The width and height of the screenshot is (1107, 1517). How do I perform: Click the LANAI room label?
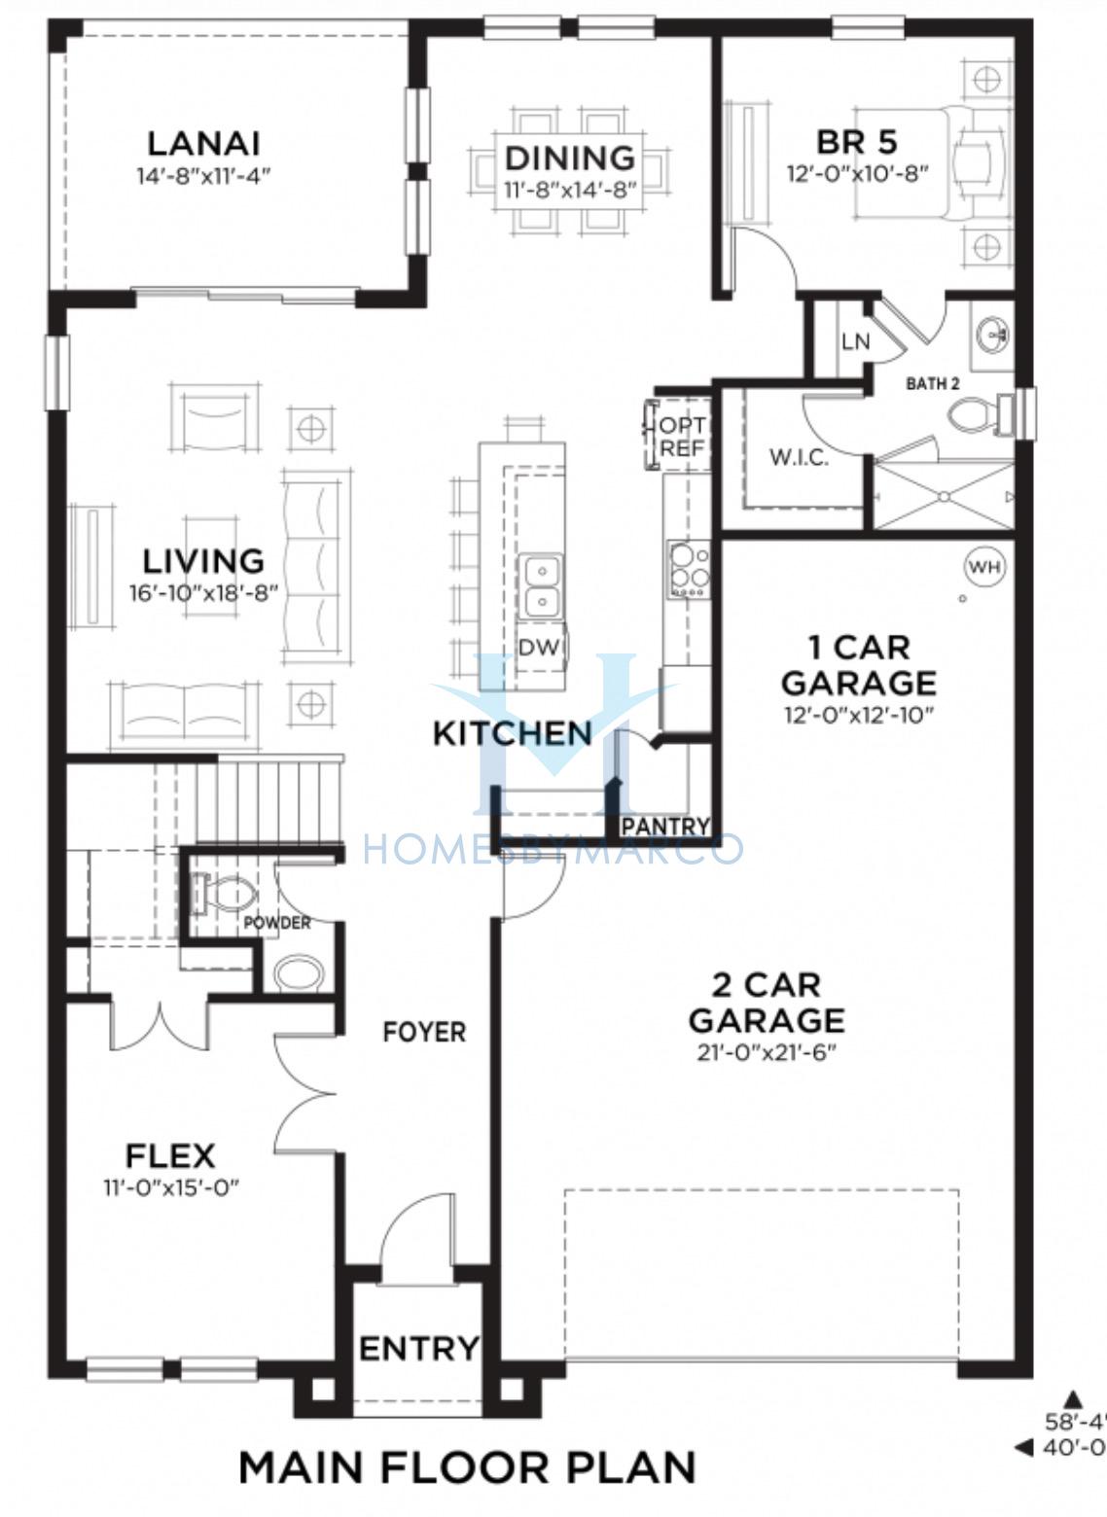[x=204, y=144]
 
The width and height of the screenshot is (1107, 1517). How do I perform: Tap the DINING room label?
[x=570, y=158]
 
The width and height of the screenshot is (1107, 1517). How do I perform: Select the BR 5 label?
[x=856, y=142]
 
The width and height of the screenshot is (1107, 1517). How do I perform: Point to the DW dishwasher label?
[x=539, y=648]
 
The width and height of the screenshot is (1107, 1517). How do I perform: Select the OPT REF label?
[x=683, y=436]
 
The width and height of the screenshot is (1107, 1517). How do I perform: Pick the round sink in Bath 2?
[x=993, y=335]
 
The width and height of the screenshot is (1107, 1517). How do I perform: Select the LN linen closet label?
[x=855, y=341]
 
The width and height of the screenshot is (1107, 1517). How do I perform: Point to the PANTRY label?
[x=665, y=827]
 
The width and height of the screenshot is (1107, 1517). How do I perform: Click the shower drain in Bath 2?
[x=942, y=496]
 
